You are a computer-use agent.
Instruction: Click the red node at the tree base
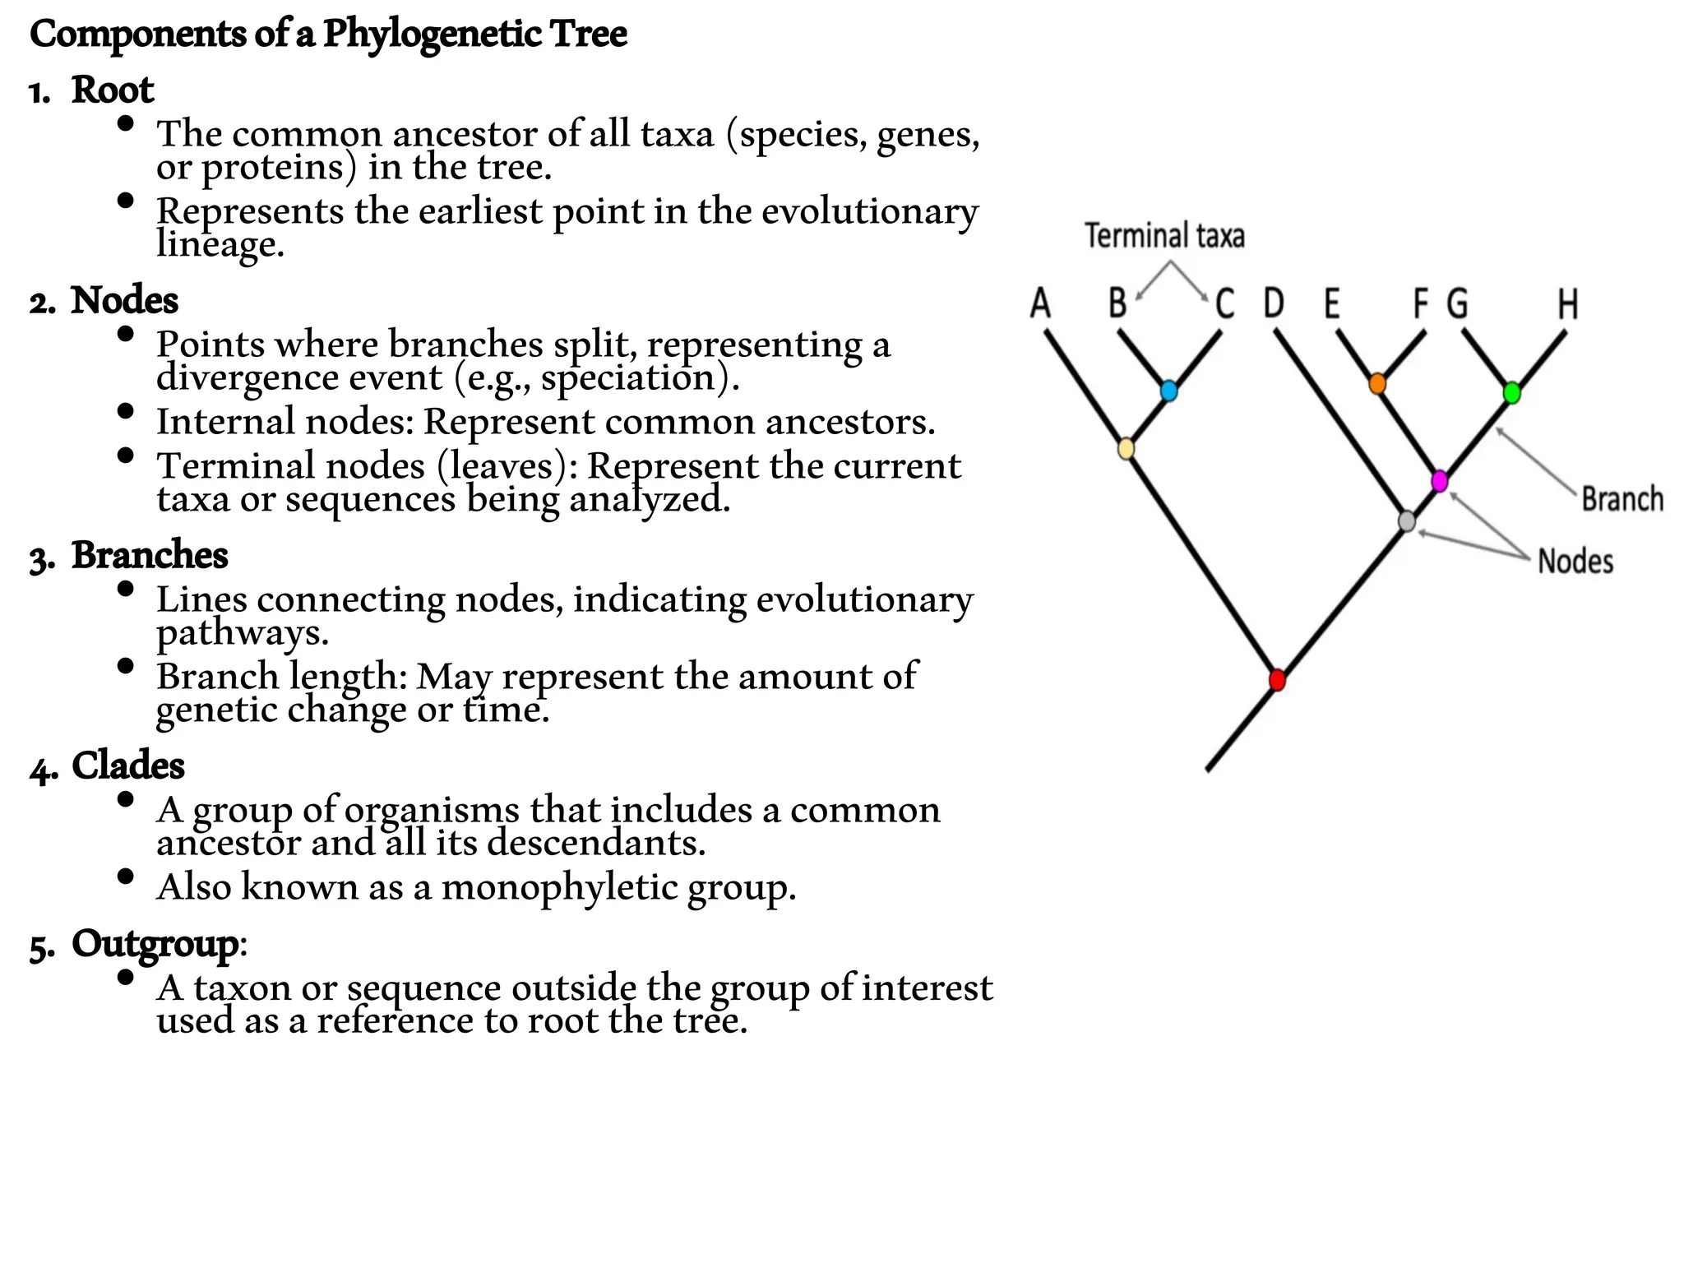pos(1276,680)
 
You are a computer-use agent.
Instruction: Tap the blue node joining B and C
pos(1168,391)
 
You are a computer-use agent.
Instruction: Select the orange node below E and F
pos(1377,383)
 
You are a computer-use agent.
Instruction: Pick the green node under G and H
pos(1511,393)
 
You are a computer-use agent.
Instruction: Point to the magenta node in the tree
pos(1439,480)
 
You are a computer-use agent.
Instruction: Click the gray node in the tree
pos(1407,521)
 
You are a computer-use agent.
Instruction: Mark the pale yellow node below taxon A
pos(1127,449)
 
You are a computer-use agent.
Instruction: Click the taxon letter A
pos(1040,303)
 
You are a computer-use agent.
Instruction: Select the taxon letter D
pos(1273,303)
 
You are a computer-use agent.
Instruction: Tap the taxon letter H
pos(1567,304)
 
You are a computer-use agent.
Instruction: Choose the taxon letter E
pos(1332,303)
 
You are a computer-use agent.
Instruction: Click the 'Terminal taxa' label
pos(1164,236)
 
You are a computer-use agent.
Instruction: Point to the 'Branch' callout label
pos(1622,499)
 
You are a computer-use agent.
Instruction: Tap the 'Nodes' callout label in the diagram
pos(1575,562)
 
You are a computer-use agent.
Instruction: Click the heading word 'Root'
pos(112,90)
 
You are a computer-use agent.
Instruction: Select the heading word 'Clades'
pos(127,766)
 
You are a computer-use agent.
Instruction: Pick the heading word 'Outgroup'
pos(155,943)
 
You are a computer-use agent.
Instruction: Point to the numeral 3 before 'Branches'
pos(39,559)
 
